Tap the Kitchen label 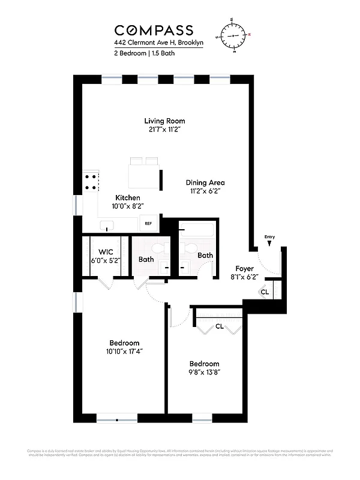(x=128, y=197)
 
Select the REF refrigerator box (x=148, y=224)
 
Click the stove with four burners (x=91, y=182)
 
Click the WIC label (x=106, y=252)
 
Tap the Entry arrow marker (x=269, y=243)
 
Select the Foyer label (x=244, y=269)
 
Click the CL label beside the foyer (x=264, y=292)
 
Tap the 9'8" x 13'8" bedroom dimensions (x=204, y=373)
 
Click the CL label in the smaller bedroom (x=219, y=327)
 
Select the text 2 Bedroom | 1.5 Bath (x=142, y=53)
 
